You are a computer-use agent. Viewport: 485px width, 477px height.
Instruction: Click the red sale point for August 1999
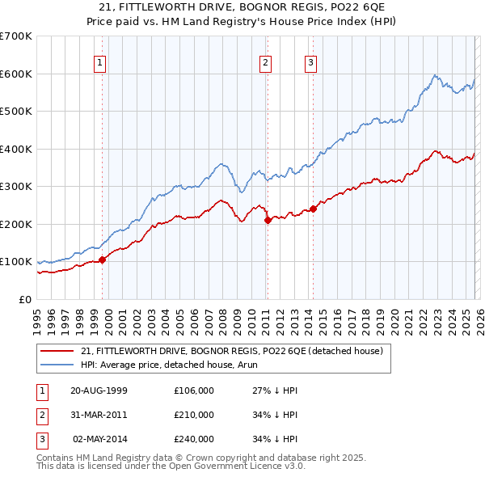click(x=103, y=260)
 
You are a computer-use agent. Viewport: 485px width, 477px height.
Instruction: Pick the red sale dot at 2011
click(x=268, y=220)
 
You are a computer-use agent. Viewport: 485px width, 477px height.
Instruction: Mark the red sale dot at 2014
click(x=312, y=209)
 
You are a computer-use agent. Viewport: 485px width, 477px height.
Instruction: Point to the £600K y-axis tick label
click(x=16, y=74)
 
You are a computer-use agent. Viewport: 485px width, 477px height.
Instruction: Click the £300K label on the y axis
click(x=16, y=187)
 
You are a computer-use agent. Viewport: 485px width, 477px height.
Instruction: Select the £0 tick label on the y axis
click(x=24, y=299)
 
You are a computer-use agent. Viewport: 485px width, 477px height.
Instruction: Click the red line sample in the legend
click(x=57, y=350)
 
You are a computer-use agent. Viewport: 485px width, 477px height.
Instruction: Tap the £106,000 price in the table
click(x=193, y=390)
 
